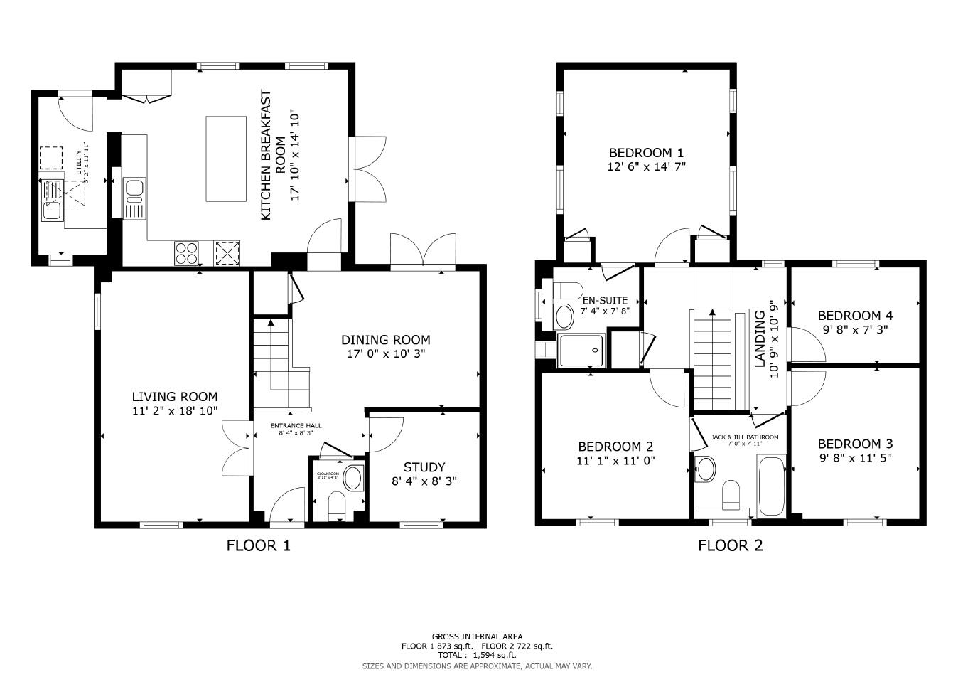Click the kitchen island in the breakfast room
(x=226, y=159)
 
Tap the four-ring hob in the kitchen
(x=187, y=252)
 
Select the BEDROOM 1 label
(x=646, y=153)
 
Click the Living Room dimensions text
(x=174, y=410)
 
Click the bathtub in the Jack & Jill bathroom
(x=770, y=487)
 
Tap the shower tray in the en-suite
(x=582, y=350)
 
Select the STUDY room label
(x=424, y=467)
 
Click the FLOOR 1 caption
(x=258, y=545)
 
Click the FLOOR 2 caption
(x=730, y=545)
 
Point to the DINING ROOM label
(x=385, y=340)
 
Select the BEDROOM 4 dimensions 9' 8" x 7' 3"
(x=856, y=329)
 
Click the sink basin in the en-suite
(x=564, y=315)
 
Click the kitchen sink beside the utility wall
(x=134, y=188)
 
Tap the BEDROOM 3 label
(x=855, y=443)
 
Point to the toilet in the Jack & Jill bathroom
(x=731, y=494)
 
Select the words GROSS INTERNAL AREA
(x=477, y=636)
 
